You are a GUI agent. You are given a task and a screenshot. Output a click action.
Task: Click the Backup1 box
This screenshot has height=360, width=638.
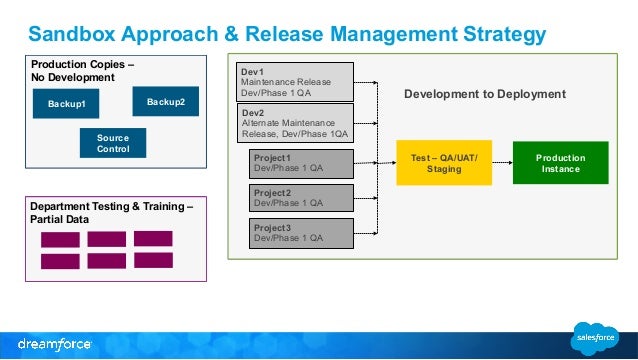click(x=66, y=104)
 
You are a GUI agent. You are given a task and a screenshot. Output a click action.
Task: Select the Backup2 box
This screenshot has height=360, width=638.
click(x=165, y=101)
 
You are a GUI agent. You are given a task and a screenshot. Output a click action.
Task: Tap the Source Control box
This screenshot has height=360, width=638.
click(x=112, y=143)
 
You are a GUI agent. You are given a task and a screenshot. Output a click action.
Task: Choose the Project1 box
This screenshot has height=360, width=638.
click(x=297, y=163)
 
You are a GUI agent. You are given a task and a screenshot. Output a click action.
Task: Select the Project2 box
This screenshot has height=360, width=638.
click(x=297, y=198)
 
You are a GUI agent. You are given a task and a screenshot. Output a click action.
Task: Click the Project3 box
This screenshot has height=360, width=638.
click(x=297, y=233)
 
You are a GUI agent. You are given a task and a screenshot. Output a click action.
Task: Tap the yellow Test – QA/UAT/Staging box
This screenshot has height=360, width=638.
click(x=444, y=163)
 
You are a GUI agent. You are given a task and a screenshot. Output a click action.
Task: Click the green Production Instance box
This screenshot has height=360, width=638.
click(x=560, y=163)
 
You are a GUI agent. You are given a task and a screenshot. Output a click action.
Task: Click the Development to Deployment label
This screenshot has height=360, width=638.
click(x=484, y=94)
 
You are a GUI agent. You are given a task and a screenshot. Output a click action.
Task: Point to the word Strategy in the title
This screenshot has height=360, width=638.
click(x=486, y=35)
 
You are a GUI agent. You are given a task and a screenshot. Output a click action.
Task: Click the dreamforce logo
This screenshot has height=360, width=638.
click(x=55, y=343)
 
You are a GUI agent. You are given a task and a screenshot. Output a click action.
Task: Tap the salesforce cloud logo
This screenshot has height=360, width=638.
click(x=596, y=338)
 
